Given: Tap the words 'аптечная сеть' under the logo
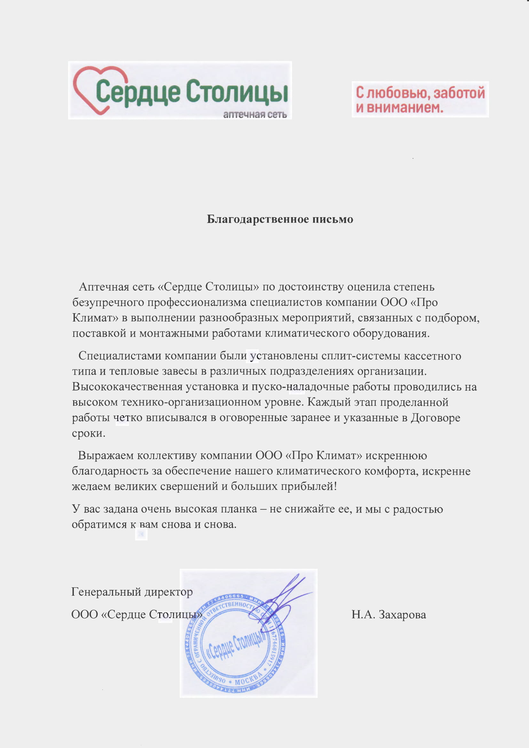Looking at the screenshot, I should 255,114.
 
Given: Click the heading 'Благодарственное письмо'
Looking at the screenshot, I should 280,219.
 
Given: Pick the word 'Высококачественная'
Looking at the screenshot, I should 127,387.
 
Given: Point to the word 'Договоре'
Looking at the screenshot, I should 435,418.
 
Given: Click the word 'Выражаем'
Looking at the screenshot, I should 106,456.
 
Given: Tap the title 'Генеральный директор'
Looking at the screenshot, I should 132,592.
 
